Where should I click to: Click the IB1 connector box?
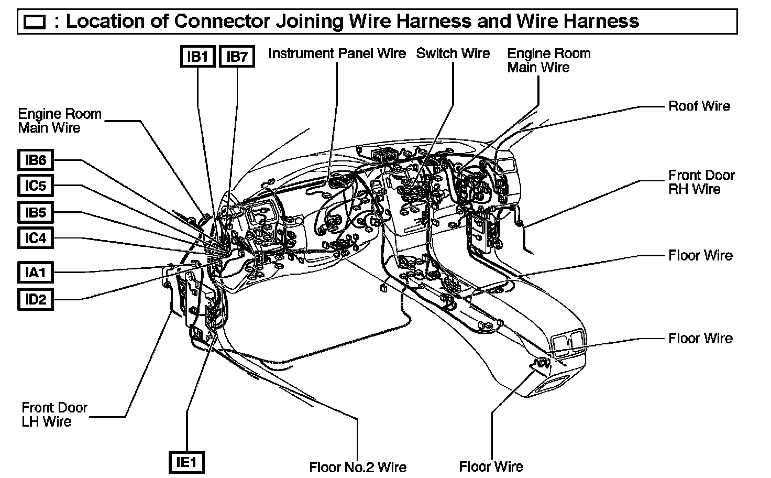click(x=198, y=57)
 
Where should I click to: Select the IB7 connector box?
click(x=237, y=57)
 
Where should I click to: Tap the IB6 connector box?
click(x=36, y=160)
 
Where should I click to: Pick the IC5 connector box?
click(x=36, y=186)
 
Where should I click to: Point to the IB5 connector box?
click(x=36, y=212)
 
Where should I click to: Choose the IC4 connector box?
click(x=36, y=238)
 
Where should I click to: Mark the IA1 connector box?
click(x=36, y=273)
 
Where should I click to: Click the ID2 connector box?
click(x=36, y=300)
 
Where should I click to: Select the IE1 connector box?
click(x=186, y=462)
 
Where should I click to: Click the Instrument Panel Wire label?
click(x=337, y=53)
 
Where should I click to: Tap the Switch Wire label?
click(x=453, y=53)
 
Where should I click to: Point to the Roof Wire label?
click(x=699, y=106)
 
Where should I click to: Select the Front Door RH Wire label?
click(x=701, y=182)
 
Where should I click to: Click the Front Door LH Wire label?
click(x=54, y=414)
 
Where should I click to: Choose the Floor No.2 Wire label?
click(x=358, y=466)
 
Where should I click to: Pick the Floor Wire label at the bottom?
click(x=491, y=466)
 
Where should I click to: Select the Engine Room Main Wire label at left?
click(x=60, y=121)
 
